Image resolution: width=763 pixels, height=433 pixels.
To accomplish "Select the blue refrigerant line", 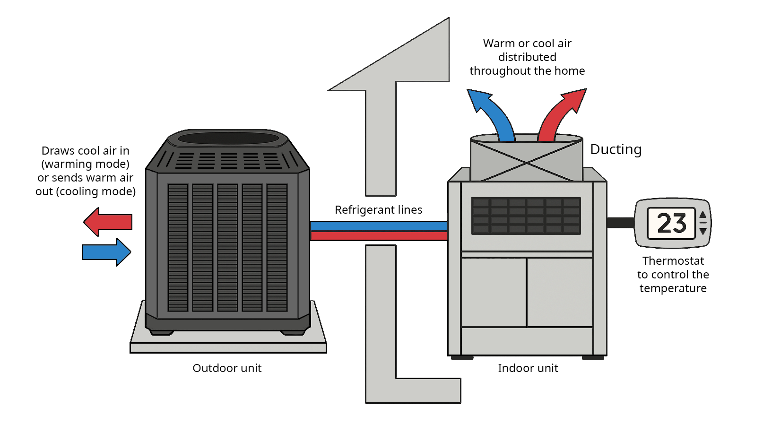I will [378, 226].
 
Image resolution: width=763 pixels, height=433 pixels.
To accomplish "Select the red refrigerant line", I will [378, 235].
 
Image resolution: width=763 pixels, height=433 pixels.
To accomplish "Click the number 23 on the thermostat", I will [671, 223].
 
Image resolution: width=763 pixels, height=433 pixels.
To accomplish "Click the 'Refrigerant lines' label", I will [378, 209].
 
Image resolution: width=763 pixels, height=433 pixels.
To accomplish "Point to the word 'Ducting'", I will [616, 149].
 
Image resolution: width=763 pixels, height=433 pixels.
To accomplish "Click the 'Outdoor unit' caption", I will [227, 368].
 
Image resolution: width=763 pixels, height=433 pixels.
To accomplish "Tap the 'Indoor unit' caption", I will [528, 368].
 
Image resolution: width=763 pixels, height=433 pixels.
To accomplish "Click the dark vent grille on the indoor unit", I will [526, 216].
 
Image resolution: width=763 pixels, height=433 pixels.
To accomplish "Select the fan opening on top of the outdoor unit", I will [228, 138].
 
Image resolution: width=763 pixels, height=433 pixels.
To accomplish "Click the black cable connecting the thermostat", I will [620, 223].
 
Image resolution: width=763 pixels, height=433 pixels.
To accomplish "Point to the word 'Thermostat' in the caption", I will [673, 261].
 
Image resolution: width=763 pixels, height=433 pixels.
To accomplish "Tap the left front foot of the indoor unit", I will [462, 358].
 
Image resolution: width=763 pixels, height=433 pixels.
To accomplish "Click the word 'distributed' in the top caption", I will [527, 57].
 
